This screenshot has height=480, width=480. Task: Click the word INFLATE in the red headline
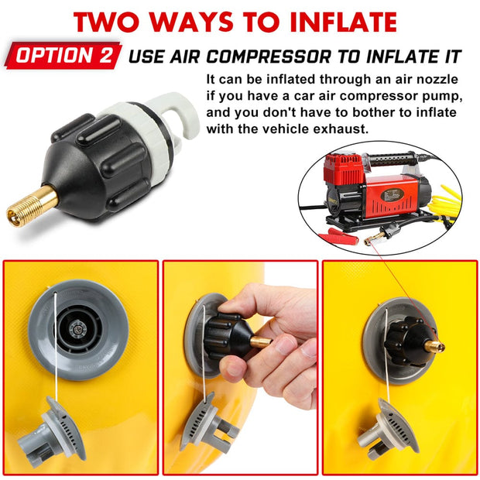(339, 21)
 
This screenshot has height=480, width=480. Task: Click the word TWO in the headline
(120, 21)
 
